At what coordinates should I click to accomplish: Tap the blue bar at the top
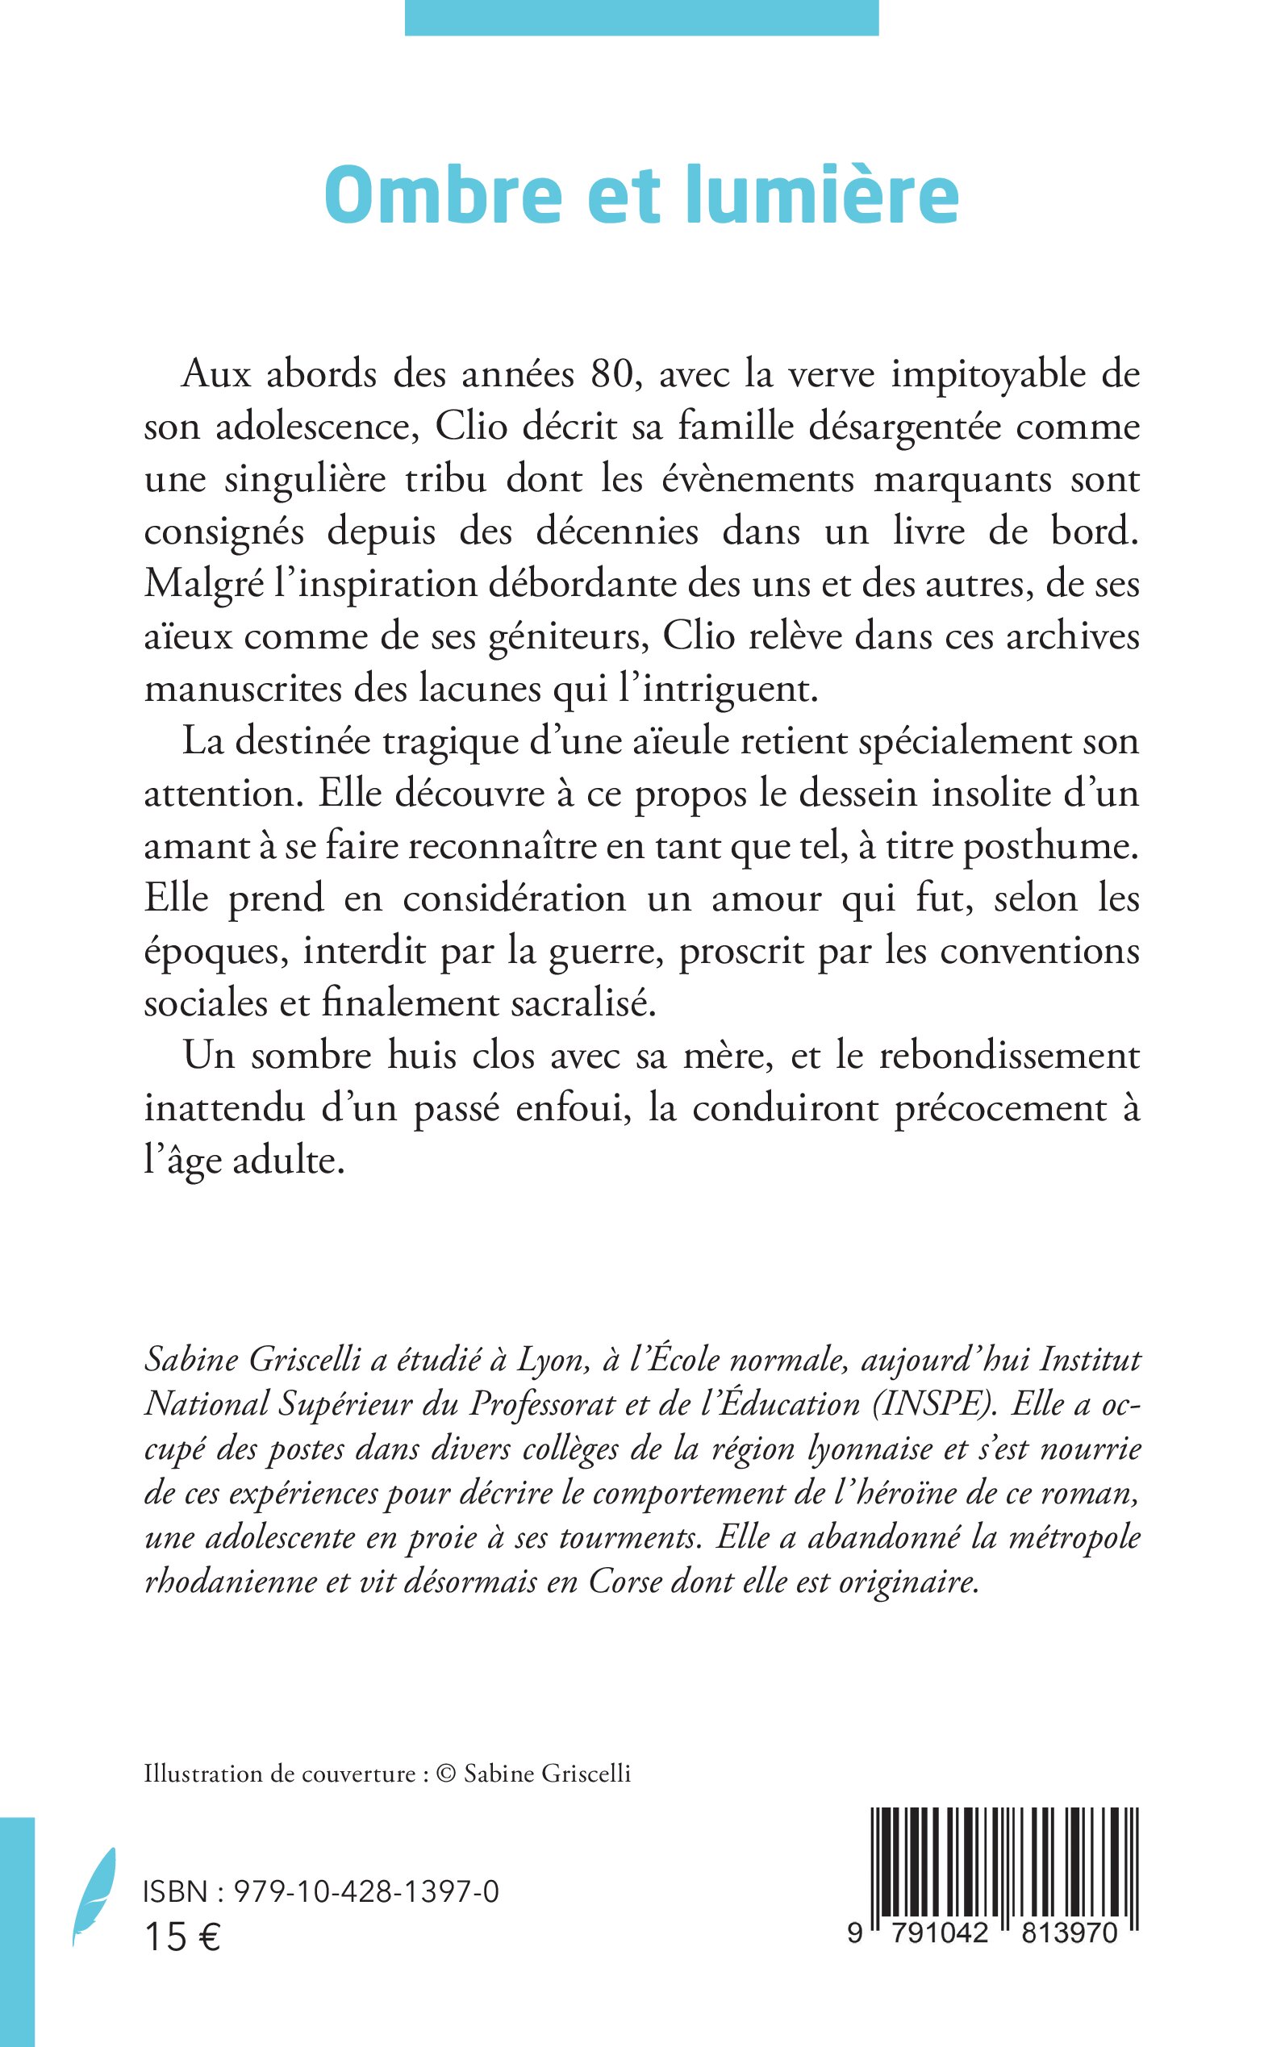[x=641, y=17]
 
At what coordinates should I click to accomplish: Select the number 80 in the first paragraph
[x=614, y=374]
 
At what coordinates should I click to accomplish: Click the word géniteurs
[x=568, y=637]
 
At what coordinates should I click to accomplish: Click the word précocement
[x=1000, y=1109]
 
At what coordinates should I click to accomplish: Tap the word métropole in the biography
[x=1074, y=1537]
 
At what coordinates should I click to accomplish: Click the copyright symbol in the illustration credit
[x=446, y=1774]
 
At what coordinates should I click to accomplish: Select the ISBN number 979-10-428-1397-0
[x=366, y=1892]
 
